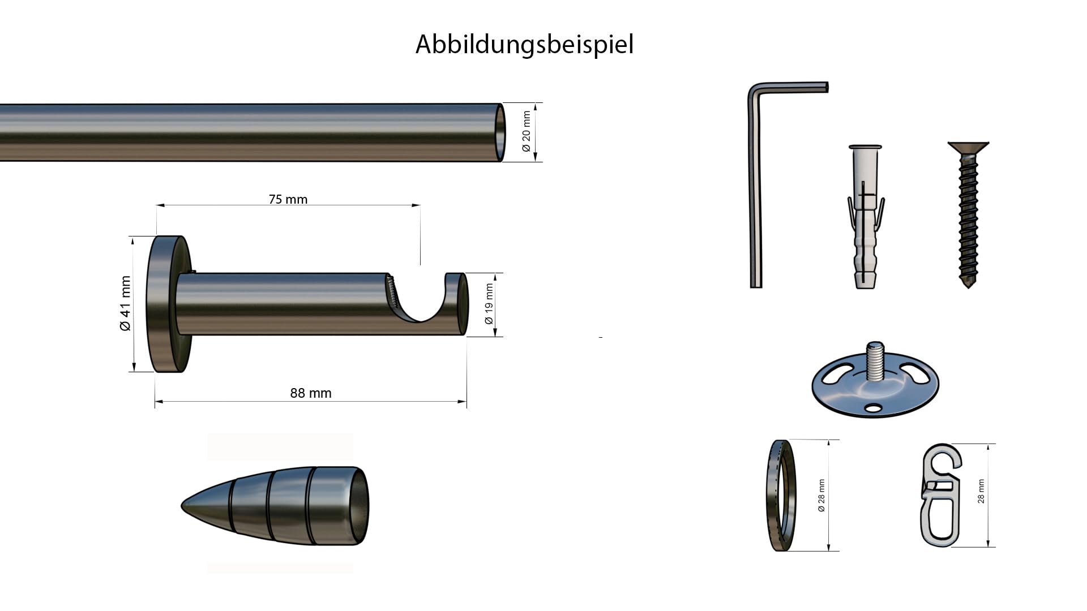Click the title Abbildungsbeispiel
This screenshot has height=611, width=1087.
[524, 44]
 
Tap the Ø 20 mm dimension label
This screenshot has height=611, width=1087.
[527, 131]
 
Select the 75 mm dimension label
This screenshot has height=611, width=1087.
[288, 199]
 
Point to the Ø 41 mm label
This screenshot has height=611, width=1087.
[125, 303]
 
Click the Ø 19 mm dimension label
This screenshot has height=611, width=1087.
[489, 304]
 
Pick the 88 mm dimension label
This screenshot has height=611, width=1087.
[311, 393]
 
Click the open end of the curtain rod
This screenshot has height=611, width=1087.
[500, 132]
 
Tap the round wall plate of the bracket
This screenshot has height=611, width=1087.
[169, 304]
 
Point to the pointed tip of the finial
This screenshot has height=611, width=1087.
[182, 506]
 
